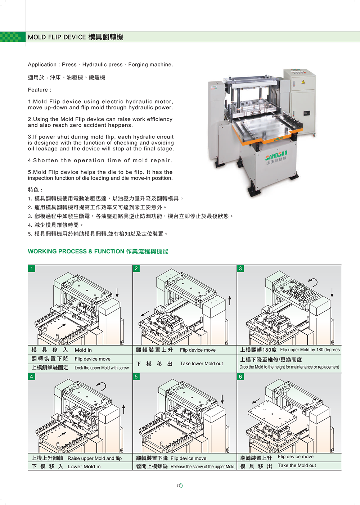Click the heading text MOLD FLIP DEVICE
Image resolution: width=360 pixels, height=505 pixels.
(x=57, y=37)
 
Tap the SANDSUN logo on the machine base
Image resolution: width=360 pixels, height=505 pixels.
(x=276, y=155)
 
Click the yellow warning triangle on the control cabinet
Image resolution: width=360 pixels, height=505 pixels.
(x=303, y=82)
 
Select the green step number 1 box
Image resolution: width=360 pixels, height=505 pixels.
(x=32, y=269)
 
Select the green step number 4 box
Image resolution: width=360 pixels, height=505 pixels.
(x=32, y=377)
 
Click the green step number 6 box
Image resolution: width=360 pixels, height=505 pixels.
(x=240, y=377)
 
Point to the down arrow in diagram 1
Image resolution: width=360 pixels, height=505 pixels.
(x=117, y=292)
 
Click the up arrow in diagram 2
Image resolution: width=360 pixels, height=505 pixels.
(x=230, y=300)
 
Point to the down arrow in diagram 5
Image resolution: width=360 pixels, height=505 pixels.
(x=222, y=399)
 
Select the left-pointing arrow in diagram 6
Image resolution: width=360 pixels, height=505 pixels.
(x=256, y=401)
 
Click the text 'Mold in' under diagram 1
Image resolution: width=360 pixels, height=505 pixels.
(x=83, y=350)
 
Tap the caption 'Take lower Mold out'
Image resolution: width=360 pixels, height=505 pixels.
(x=201, y=364)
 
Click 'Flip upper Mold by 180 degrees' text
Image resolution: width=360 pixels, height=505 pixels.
(x=310, y=350)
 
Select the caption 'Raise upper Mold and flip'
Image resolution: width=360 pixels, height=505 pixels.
(x=95, y=458)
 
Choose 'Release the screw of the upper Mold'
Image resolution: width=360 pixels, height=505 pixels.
(x=202, y=466)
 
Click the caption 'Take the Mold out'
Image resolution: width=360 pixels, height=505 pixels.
(x=297, y=465)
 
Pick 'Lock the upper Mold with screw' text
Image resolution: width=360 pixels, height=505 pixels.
(x=102, y=368)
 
